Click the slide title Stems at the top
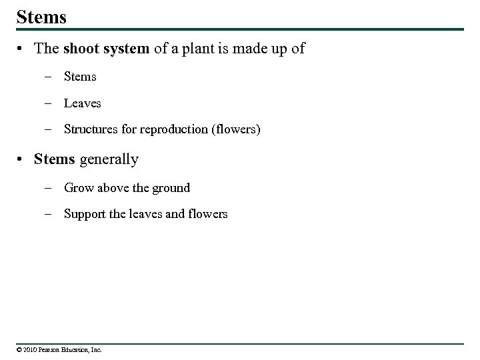click(41, 17)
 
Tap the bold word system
click(125, 49)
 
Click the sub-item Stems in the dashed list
click(80, 77)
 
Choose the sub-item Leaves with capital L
click(83, 103)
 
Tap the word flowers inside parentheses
click(235, 129)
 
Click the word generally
click(109, 160)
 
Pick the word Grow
click(79, 188)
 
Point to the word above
click(114, 188)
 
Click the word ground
click(171, 189)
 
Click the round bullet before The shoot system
click(22, 49)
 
